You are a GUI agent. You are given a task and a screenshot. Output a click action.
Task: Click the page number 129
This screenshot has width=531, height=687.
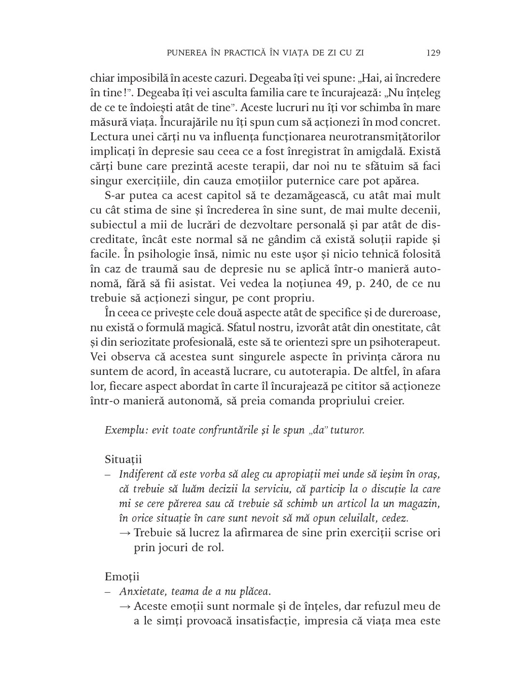[433, 53]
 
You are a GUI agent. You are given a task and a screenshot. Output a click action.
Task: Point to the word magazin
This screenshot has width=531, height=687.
[422, 504]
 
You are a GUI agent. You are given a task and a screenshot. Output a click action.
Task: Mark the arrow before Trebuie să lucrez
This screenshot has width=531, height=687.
[125, 533]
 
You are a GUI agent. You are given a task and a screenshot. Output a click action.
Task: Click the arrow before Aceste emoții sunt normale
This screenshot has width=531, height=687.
[125, 607]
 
